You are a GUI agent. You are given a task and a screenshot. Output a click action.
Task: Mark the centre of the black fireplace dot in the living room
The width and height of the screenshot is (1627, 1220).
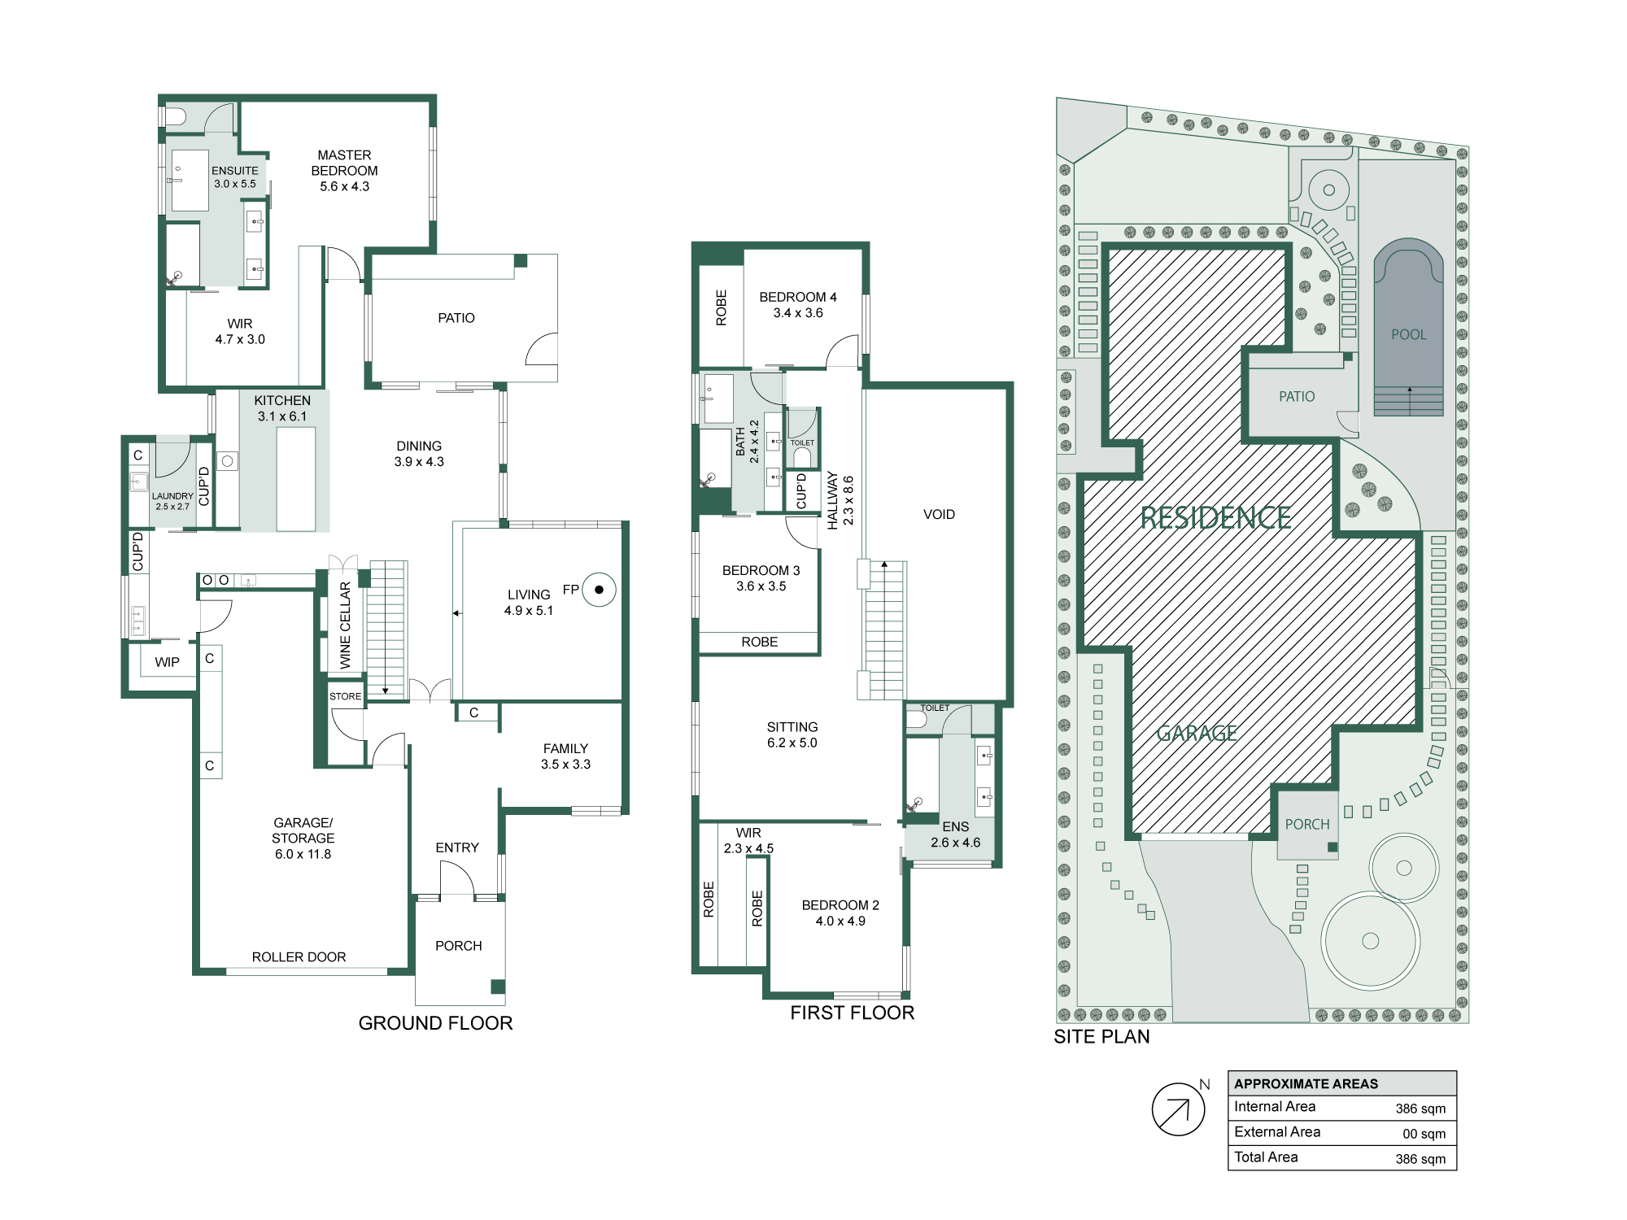pyautogui.click(x=600, y=590)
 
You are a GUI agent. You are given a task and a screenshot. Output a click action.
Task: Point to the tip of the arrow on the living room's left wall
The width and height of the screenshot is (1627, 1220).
pyautogui.click(x=454, y=613)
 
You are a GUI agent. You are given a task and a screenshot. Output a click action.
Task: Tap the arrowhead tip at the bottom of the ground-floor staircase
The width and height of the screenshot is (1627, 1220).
pyautogui.click(x=385, y=694)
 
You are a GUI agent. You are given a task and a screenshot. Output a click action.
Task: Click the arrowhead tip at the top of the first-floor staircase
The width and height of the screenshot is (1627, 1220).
pyautogui.click(x=884, y=561)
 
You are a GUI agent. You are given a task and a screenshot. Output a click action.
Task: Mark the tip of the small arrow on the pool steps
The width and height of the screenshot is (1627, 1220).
pyautogui.click(x=1410, y=387)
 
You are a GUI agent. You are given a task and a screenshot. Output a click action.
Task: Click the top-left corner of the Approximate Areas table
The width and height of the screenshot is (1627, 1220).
pyautogui.click(x=1228, y=1071)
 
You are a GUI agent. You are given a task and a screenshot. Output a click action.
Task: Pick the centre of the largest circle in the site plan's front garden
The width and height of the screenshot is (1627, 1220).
pyautogui.click(x=1370, y=941)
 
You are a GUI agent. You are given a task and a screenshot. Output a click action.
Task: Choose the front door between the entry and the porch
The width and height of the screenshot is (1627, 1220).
pyautogui.click(x=457, y=878)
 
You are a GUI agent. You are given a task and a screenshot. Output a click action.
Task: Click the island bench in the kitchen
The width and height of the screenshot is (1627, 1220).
pyautogui.click(x=295, y=478)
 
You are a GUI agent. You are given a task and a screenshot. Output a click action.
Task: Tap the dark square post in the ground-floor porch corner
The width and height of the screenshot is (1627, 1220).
pyautogui.click(x=498, y=987)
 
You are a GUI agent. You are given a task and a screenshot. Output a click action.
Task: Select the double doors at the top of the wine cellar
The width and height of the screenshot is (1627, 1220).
pyautogui.click(x=343, y=562)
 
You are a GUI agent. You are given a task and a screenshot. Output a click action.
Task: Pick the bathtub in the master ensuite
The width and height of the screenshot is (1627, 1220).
pyautogui.click(x=182, y=253)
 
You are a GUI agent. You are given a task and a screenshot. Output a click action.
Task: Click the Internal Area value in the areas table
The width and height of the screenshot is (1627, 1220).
pyautogui.click(x=1420, y=1109)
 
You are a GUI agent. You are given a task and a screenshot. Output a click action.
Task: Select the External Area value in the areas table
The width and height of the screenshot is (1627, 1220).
pyautogui.click(x=1424, y=1134)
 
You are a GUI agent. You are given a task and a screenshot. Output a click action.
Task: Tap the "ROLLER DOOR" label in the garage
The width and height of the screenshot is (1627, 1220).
pyautogui.click(x=299, y=957)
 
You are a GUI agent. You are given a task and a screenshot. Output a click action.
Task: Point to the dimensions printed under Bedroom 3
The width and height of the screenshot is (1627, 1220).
pyautogui.click(x=761, y=586)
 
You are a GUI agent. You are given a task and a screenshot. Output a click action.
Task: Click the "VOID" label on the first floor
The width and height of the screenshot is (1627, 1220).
pyautogui.click(x=939, y=515)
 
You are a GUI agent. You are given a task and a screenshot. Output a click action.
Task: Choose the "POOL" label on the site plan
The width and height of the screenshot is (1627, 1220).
pyautogui.click(x=1409, y=334)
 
